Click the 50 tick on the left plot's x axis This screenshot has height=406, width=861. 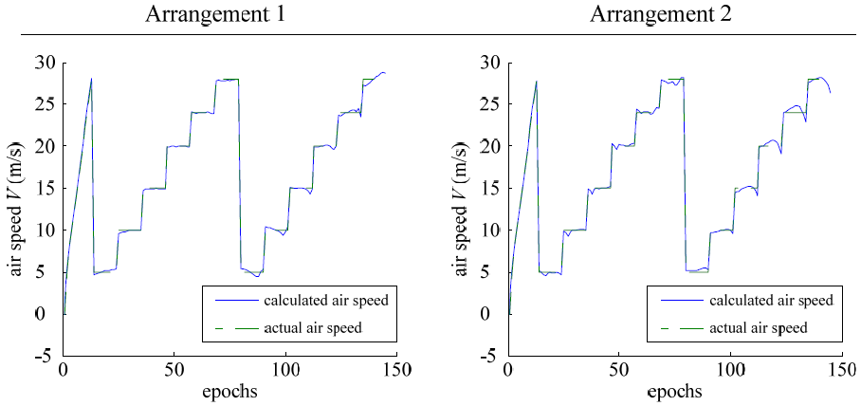click(174, 369)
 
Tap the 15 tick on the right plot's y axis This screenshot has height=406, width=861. click(490, 188)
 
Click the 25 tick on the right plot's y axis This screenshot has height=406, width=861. click(490, 104)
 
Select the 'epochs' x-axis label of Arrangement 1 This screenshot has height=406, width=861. click(229, 391)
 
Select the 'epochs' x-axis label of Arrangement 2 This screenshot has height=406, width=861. click(675, 391)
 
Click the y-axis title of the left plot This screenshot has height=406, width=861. click(18, 209)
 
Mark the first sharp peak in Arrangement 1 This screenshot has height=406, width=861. click(92, 79)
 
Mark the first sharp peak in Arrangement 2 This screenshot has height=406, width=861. click(537, 81)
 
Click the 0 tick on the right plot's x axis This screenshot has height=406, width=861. click(508, 369)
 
